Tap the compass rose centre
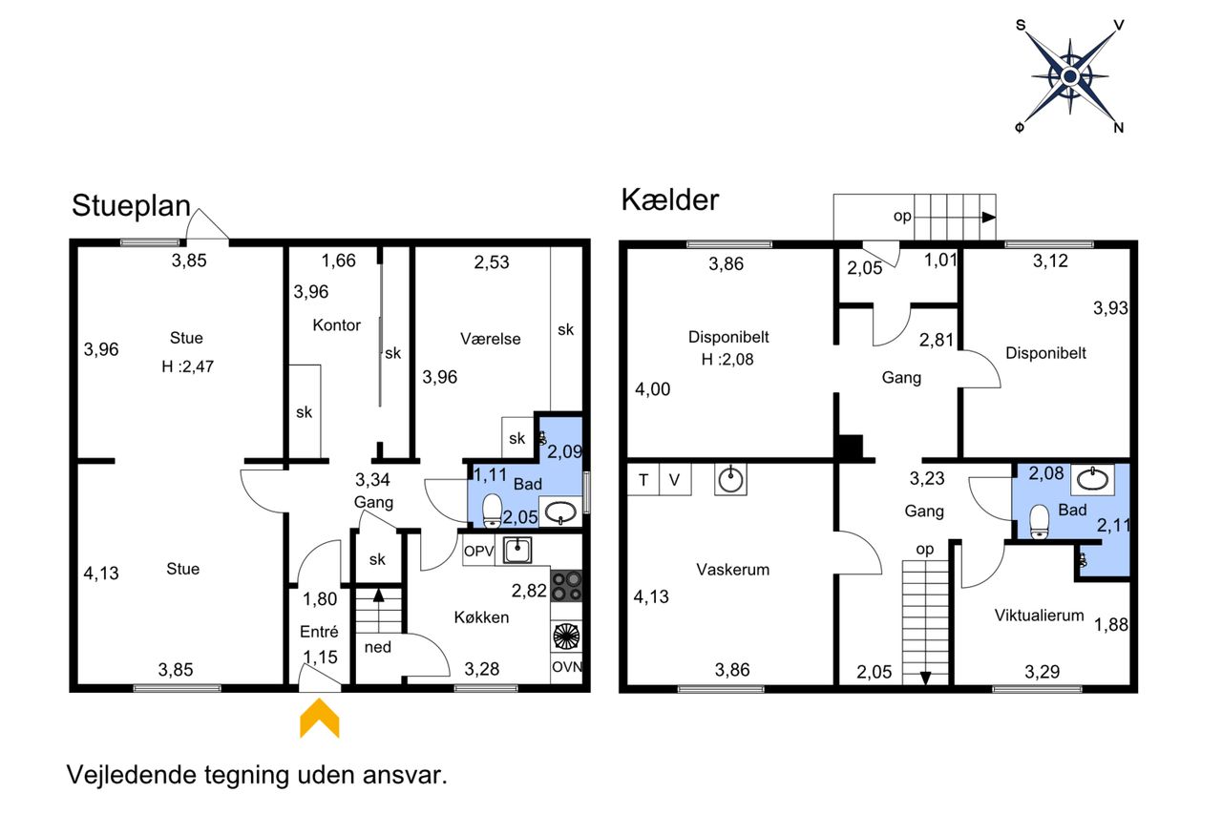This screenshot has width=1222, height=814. pyautogui.click(x=1070, y=76)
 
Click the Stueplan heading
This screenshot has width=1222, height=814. pyautogui.click(x=131, y=206)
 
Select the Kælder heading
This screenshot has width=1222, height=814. pyautogui.click(x=670, y=199)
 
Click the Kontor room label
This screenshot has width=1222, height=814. pyautogui.click(x=337, y=325)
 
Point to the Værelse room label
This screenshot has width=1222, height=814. pyautogui.click(x=491, y=339)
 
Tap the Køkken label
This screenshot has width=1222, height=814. pyautogui.click(x=481, y=617)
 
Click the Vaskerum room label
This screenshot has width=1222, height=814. pyautogui.click(x=732, y=570)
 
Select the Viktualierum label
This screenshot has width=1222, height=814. pyautogui.click(x=1039, y=616)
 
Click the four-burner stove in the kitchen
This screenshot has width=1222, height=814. pyautogui.click(x=566, y=586)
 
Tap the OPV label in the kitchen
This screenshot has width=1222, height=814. pyautogui.click(x=478, y=552)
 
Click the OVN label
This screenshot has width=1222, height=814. pyautogui.click(x=567, y=667)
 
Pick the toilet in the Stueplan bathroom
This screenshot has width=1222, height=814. pyautogui.click(x=492, y=511)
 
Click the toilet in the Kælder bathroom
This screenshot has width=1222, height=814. pyautogui.click(x=1040, y=522)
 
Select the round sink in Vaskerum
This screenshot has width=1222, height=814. pyautogui.click(x=730, y=480)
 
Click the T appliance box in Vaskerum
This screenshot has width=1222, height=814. pyautogui.click(x=643, y=480)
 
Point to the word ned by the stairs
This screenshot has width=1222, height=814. pyautogui.click(x=377, y=647)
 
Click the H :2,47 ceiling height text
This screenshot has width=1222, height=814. pyautogui.click(x=188, y=366)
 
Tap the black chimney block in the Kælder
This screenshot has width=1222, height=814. pyautogui.click(x=850, y=447)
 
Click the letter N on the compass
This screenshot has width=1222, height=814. pyautogui.click(x=1118, y=128)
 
